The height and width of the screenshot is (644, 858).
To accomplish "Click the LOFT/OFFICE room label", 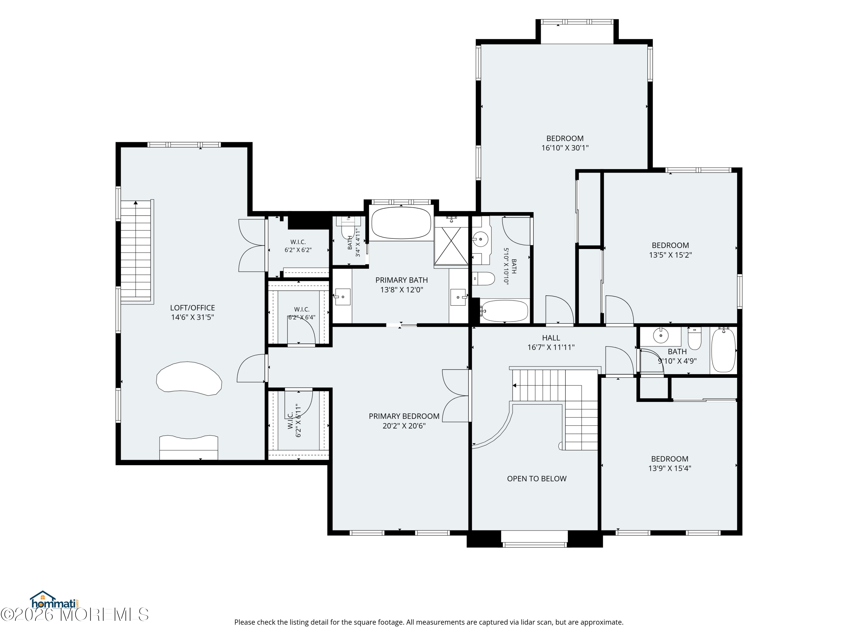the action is pos(192,308).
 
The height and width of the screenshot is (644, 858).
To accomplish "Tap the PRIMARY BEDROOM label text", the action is pos(404,416).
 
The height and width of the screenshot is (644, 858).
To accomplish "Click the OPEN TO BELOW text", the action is pos(537,479).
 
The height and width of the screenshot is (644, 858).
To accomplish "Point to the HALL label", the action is pos(551,338).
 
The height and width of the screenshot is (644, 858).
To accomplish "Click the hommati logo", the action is pos(55,601).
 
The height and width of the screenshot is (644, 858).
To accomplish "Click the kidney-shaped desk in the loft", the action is pos(189,378).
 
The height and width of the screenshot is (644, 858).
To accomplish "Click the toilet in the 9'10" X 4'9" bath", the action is pos(694,339).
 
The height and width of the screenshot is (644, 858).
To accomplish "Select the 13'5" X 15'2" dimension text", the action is pos(670,255).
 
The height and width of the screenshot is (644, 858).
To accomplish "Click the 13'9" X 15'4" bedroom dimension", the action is pos(670,468).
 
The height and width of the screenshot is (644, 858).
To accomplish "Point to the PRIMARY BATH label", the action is pos(402,280).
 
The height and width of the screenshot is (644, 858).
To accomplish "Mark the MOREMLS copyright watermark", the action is pos(74,615).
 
